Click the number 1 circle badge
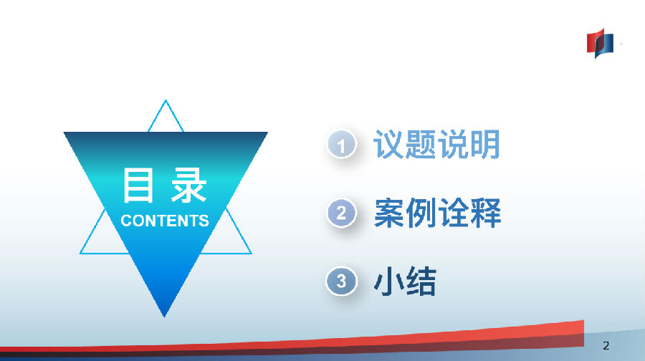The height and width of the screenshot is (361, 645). tap(341, 144)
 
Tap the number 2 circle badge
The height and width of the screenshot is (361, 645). tap(341, 213)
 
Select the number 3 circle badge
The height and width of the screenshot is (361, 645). tap(341, 281)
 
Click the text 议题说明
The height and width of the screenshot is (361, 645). tap(437, 144)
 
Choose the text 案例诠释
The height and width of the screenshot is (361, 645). tap(438, 213)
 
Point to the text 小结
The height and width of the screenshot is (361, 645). tap(405, 281)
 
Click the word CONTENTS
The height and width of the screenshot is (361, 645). tap(165, 221)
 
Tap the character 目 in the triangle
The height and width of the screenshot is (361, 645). tap(138, 185)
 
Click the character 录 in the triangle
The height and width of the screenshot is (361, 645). tap(188, 185)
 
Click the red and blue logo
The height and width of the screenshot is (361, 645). tap(600, 43)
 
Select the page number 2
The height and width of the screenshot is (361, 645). tap(606, 345)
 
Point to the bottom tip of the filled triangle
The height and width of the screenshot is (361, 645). tap(165, 317)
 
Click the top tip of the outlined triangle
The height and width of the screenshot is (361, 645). tap(166, 100)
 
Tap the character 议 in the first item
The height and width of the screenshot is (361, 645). tap(388, 144)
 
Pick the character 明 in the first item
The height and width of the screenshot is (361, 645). tap(485, 144)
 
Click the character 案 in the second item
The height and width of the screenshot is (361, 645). tap(390, 213)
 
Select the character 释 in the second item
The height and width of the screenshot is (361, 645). tap(486, 213)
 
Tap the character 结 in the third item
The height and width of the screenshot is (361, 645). tap(421, 281)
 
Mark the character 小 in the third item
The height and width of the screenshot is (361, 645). tap(388, 281)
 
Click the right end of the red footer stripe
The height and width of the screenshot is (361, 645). tap(583, 333)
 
